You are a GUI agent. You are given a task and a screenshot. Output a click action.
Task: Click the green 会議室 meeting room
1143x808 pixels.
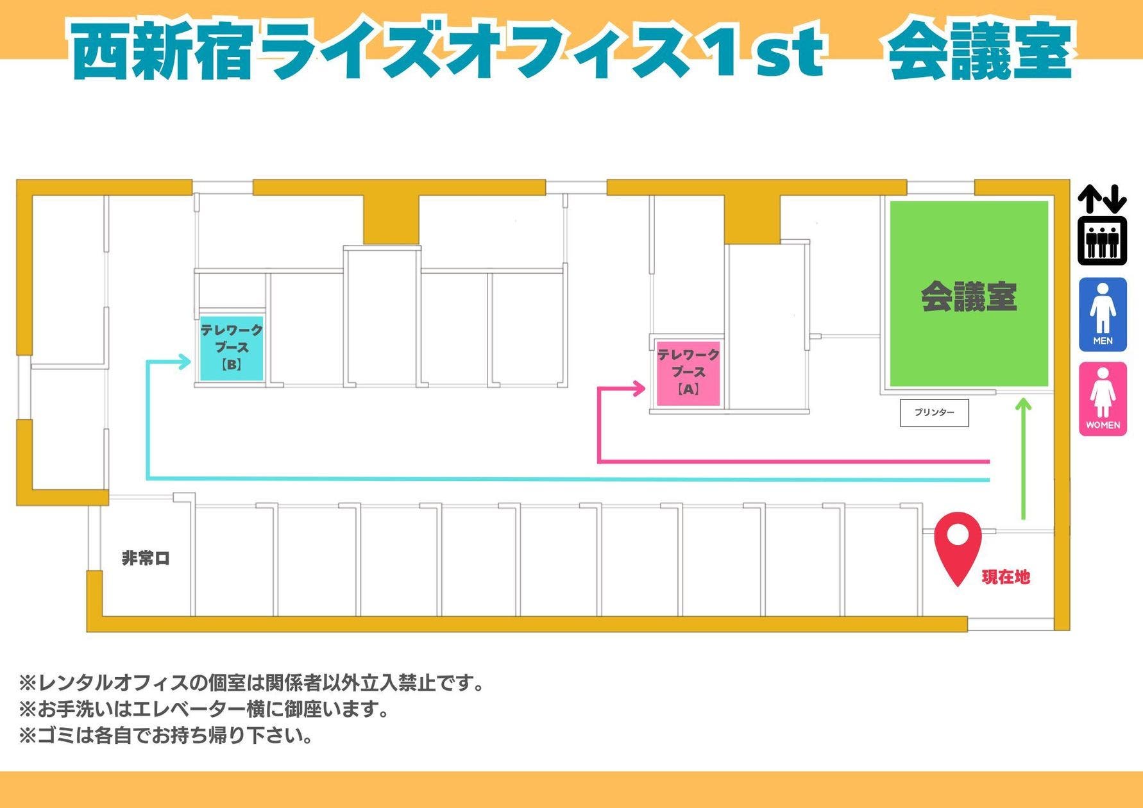click(969, 295)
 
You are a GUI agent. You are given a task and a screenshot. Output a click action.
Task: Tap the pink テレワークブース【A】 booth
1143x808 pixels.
click(688, 373)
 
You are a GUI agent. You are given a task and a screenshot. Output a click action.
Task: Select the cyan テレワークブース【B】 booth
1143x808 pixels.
click(232, 348)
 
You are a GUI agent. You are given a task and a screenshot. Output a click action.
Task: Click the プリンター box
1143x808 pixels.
click(934, 413)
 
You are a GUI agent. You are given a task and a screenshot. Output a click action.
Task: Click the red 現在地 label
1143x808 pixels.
click(1006, 577)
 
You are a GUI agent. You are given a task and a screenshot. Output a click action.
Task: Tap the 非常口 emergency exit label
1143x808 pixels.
click(146, 559)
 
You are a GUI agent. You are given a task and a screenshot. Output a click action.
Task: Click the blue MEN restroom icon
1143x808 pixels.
click(1103, 314)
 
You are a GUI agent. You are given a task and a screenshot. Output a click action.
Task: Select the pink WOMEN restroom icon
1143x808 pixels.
click(1103, 399)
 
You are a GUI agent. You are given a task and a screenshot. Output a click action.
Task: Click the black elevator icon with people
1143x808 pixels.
click(1102, 241)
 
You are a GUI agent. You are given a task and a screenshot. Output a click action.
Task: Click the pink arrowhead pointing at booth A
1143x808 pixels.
click(639, 388)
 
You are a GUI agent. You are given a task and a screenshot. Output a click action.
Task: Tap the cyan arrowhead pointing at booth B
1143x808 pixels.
click(185, 362)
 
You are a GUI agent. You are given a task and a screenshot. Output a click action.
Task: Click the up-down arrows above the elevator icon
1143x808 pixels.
click(1102, 199)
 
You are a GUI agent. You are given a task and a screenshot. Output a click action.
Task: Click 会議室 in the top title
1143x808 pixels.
click(979, 51)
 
